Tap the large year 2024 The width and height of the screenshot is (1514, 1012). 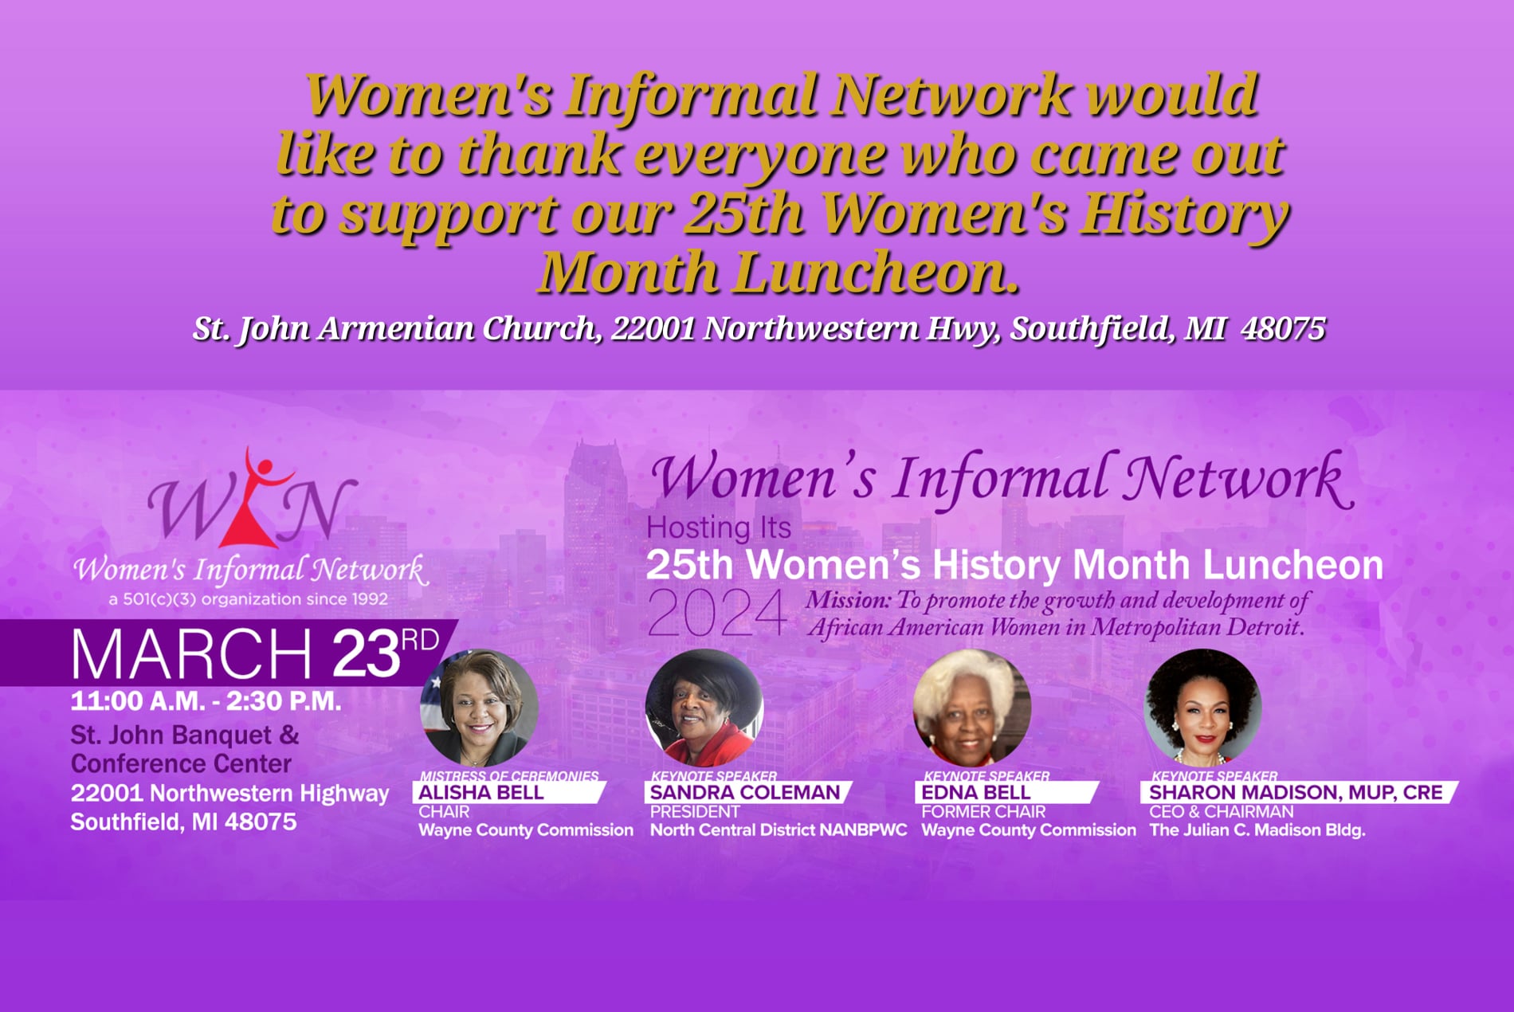716,614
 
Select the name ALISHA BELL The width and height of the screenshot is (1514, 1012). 480,792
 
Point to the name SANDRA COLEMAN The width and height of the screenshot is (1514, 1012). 744,792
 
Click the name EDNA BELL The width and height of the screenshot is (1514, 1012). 975,792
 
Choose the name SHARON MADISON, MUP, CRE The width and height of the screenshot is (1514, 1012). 1296,792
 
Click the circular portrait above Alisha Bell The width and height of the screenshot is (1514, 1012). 479,708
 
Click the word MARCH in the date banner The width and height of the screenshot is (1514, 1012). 191,653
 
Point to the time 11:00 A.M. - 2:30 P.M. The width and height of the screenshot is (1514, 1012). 206,701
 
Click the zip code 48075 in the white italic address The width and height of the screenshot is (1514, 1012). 1283,328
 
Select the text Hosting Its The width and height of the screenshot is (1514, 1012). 719,528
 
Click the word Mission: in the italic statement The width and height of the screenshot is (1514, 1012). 848,600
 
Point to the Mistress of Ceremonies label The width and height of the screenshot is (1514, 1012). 509,775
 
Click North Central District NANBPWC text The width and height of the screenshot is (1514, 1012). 779,830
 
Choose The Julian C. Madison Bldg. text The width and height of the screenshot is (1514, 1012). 1257,830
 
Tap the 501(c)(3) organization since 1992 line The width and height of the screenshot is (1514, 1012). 248,599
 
